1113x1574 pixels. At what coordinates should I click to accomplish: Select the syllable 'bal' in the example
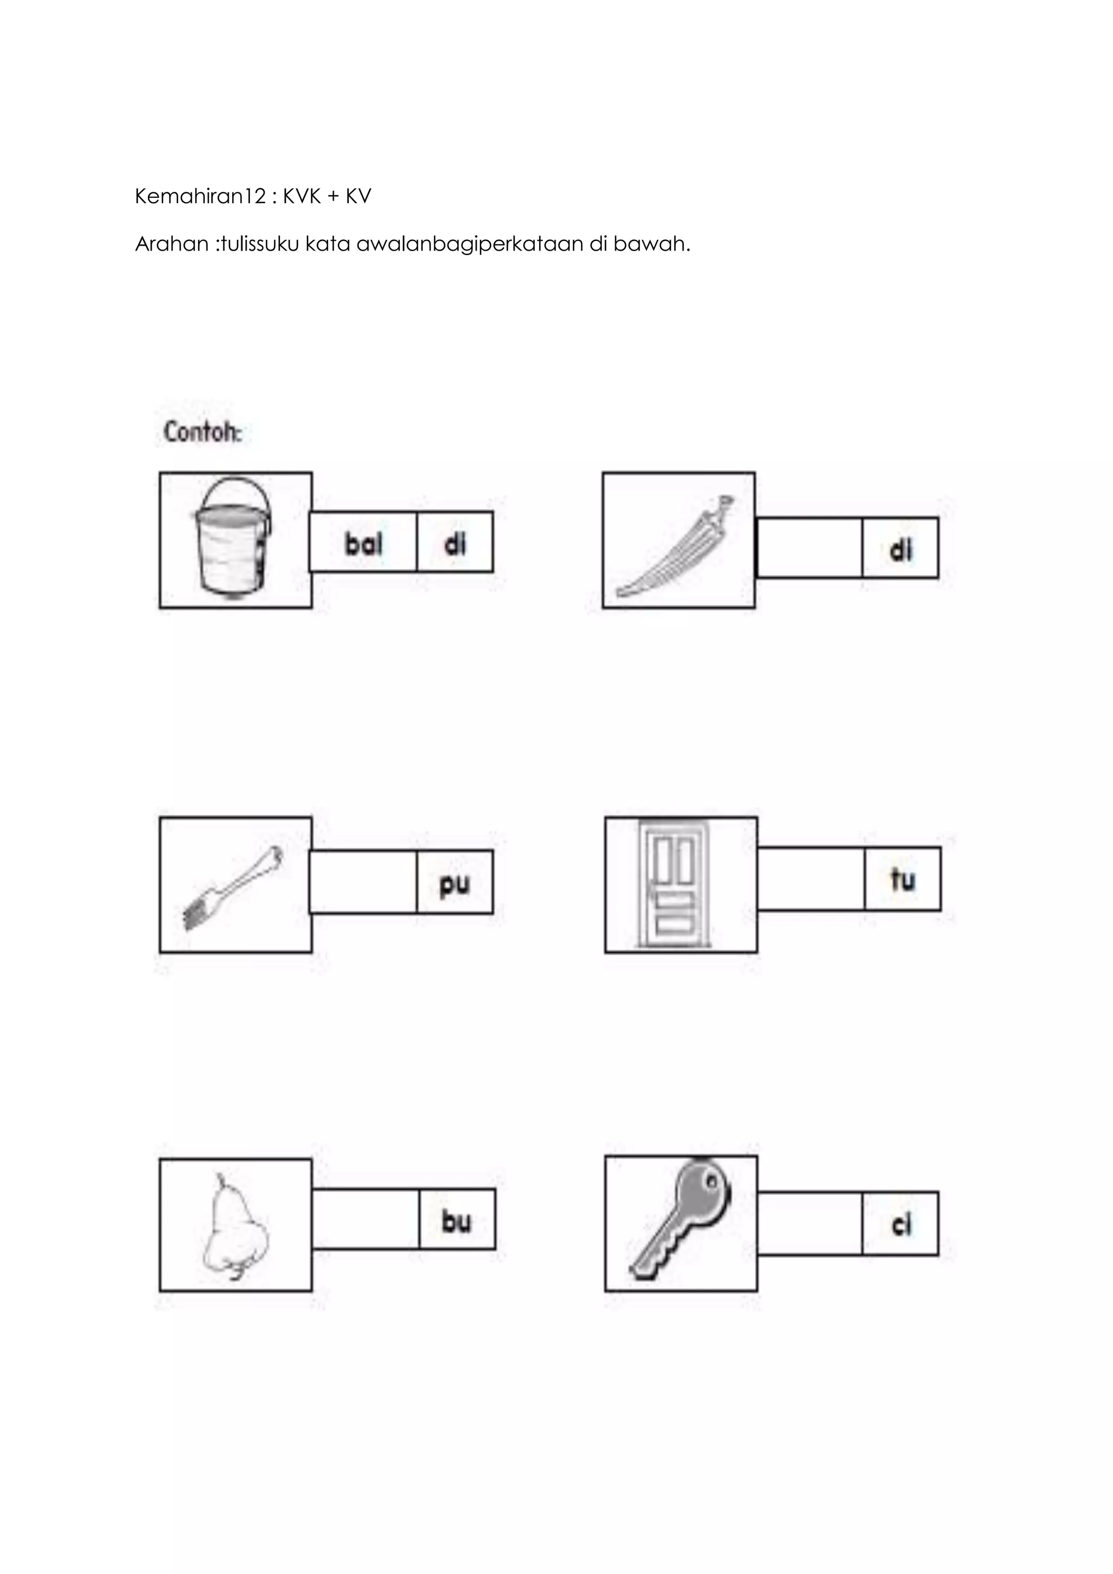(x=363, y=544)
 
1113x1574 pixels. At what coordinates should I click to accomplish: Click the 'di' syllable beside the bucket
(x=455, y=544)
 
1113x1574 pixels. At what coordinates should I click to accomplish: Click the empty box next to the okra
(x=809, y=548)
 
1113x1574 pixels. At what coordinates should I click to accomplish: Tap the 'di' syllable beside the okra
(x=901, y=549)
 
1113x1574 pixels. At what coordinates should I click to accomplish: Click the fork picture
(x=233, y=888)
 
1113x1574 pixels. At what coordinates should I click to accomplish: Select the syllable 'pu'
(x=454, y=883)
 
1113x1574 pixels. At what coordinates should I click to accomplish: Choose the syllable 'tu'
(x=903, y=879)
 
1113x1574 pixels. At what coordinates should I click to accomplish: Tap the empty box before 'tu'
(x=811, y=879)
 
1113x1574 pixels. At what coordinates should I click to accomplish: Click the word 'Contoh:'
(x=203, y=433)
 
